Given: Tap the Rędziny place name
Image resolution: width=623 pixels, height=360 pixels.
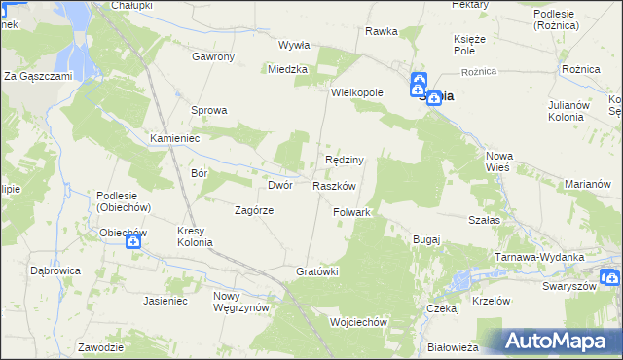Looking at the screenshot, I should [344, 160].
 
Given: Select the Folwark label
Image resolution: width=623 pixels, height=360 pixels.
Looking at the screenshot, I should [351, 211].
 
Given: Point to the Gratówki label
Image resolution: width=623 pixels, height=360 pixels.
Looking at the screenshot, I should [316, 271].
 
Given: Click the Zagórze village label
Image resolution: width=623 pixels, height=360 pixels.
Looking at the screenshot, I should [254, 210].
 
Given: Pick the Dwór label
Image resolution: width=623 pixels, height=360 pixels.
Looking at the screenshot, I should [280, 185].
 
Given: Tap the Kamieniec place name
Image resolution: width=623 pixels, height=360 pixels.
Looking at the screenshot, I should [174, 139].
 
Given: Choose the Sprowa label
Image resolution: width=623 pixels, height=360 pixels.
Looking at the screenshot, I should [208, 110].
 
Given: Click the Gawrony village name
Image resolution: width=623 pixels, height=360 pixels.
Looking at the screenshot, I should [213, 56].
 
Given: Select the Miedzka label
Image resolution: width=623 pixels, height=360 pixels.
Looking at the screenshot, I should [288, 69].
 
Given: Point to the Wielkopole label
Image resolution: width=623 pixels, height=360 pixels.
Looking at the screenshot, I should [357, 92].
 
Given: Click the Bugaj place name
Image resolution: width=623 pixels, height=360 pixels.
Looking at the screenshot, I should [426, 239].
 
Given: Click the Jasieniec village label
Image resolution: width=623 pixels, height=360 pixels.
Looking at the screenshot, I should [165, 302].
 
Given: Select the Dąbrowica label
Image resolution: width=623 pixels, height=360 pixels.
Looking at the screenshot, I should [55, 270].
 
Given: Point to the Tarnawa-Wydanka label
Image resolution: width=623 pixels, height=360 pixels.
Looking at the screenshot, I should [539, 256].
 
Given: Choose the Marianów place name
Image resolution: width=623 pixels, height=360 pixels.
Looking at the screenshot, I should [587, 184].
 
